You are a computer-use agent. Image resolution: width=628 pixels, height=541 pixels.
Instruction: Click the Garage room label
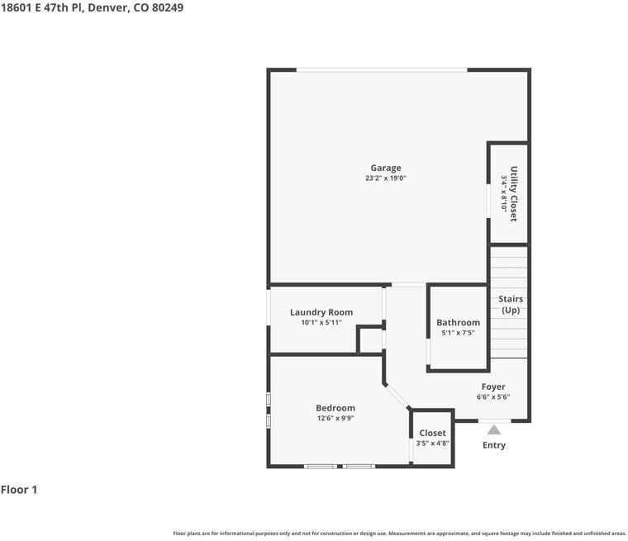(x=386, y=168)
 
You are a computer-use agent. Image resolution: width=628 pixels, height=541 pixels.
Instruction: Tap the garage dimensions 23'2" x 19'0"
(x=386, y=178)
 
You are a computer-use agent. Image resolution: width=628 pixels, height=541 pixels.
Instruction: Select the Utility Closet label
(x=513, y=194)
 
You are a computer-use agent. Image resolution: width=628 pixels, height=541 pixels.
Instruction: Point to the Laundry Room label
(x=321, y=312)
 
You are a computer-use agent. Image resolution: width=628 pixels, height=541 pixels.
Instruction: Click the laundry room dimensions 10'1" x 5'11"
(x=321, y=322)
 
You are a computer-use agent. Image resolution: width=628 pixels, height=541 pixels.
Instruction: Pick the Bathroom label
(x=458, y=323)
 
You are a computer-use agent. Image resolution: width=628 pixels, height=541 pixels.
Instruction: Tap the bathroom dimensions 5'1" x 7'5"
(x=458, y=333)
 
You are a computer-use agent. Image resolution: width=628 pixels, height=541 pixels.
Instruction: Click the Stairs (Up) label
(x=511, y=305)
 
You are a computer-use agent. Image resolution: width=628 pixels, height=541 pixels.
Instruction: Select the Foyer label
(x=493, y=387)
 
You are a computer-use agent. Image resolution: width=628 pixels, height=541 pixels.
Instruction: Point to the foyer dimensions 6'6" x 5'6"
(x=493, y=396)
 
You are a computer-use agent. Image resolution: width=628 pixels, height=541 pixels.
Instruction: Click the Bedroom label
(x=335, y=408)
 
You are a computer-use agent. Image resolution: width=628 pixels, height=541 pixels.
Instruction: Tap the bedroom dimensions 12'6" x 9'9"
(x=335, y=418)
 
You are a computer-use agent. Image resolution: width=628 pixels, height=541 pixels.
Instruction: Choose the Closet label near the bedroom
(x=432, y=434)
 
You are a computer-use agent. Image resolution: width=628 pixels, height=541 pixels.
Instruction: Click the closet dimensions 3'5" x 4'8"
(x=432, y=444)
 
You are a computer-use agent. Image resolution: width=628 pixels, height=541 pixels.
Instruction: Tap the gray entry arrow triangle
(x=494, y=430)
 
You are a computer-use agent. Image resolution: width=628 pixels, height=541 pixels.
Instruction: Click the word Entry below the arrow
(x=494, y=445)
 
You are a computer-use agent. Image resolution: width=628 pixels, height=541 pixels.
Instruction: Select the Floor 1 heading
(x=19, y=490)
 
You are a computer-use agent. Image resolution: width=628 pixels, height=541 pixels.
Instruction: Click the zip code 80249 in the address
(x=168, y=7)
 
